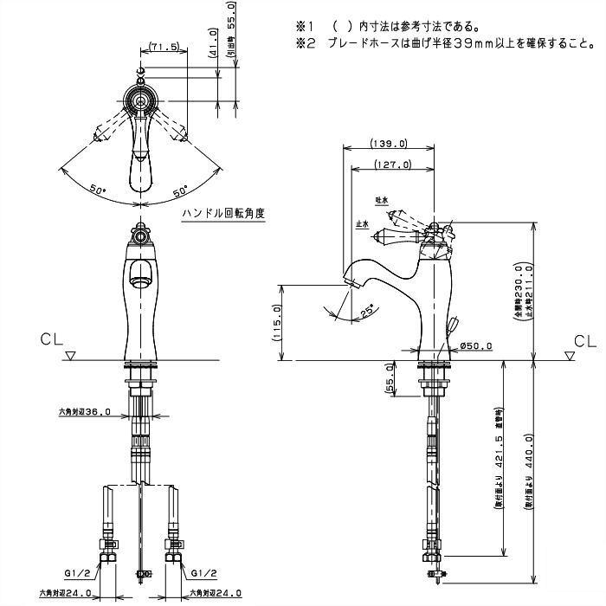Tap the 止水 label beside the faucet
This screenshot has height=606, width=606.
363,223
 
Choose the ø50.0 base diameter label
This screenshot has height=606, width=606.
476,346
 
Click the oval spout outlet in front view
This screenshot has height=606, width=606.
138,280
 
